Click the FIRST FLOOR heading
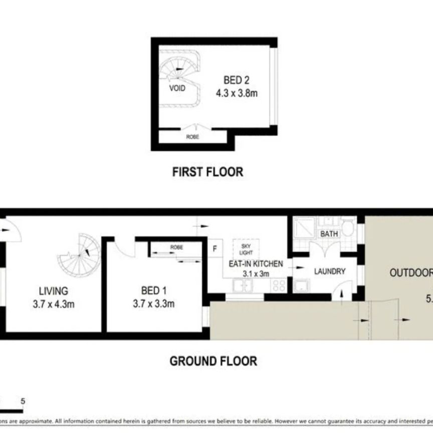[207, 172]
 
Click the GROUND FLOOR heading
[213, 361]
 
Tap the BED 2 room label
[236, 80]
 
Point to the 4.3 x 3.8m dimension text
[237, 93]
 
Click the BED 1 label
[153, 291]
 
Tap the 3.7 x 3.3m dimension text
[153, 303]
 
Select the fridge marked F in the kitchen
[215, 248]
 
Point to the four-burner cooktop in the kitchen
[279, 286]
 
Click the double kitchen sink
[243, 286]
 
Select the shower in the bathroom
[303, 228]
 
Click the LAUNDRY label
[329, 272]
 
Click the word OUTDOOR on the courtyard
[411, 273]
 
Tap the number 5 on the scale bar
[23, 401]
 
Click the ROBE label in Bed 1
[176, 248]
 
